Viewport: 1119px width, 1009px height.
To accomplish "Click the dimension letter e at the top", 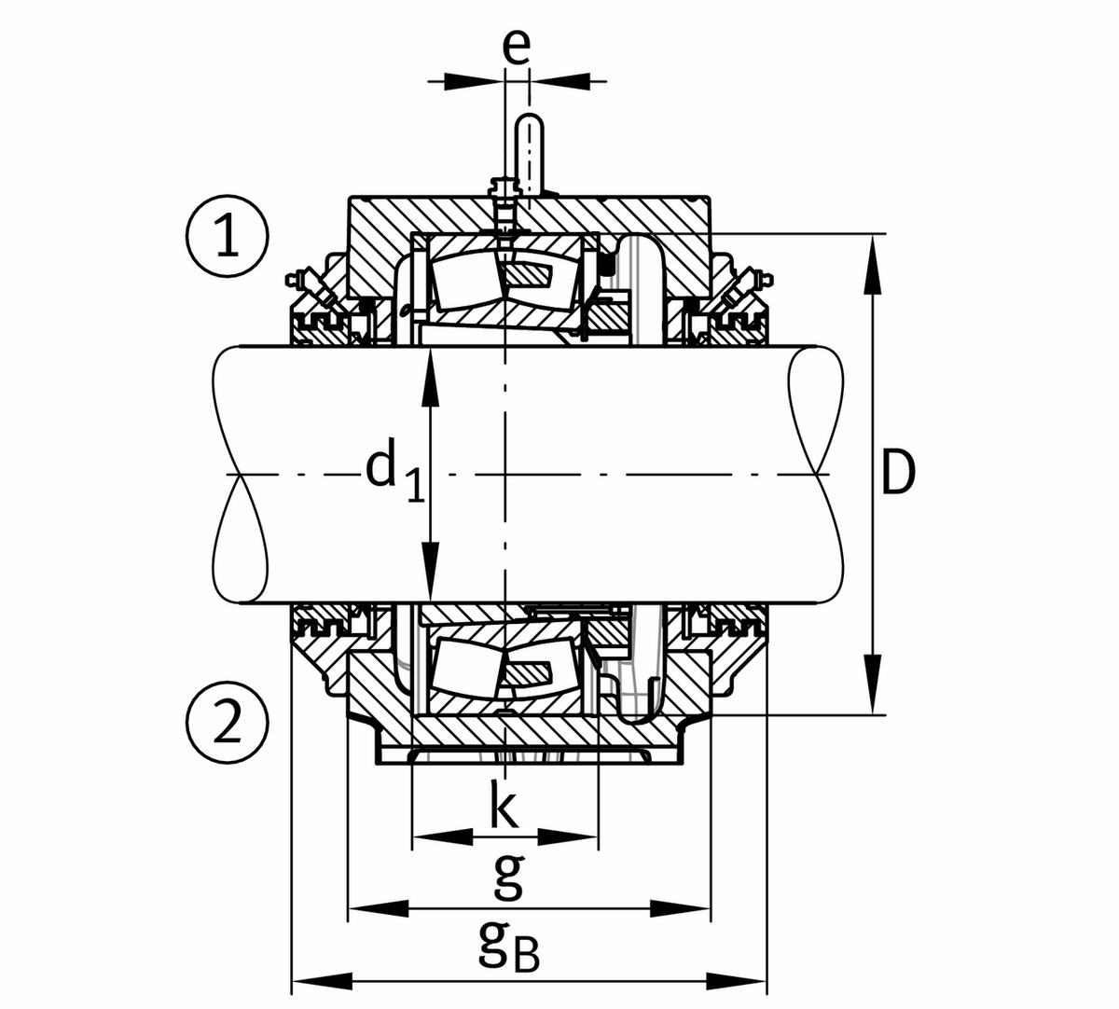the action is coord(516,47).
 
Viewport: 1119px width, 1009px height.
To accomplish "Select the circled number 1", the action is coord(227,236).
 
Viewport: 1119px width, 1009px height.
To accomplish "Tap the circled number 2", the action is coord(227,722).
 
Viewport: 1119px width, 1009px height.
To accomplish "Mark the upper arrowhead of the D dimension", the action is coord(873,263).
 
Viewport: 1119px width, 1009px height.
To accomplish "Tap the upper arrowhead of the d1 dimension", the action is coord(430,377).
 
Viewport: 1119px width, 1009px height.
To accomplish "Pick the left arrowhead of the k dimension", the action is coord(442,836).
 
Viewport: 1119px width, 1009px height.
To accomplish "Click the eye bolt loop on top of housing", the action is coord(529,154).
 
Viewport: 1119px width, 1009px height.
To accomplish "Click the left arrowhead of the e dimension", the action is coord(473,81).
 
